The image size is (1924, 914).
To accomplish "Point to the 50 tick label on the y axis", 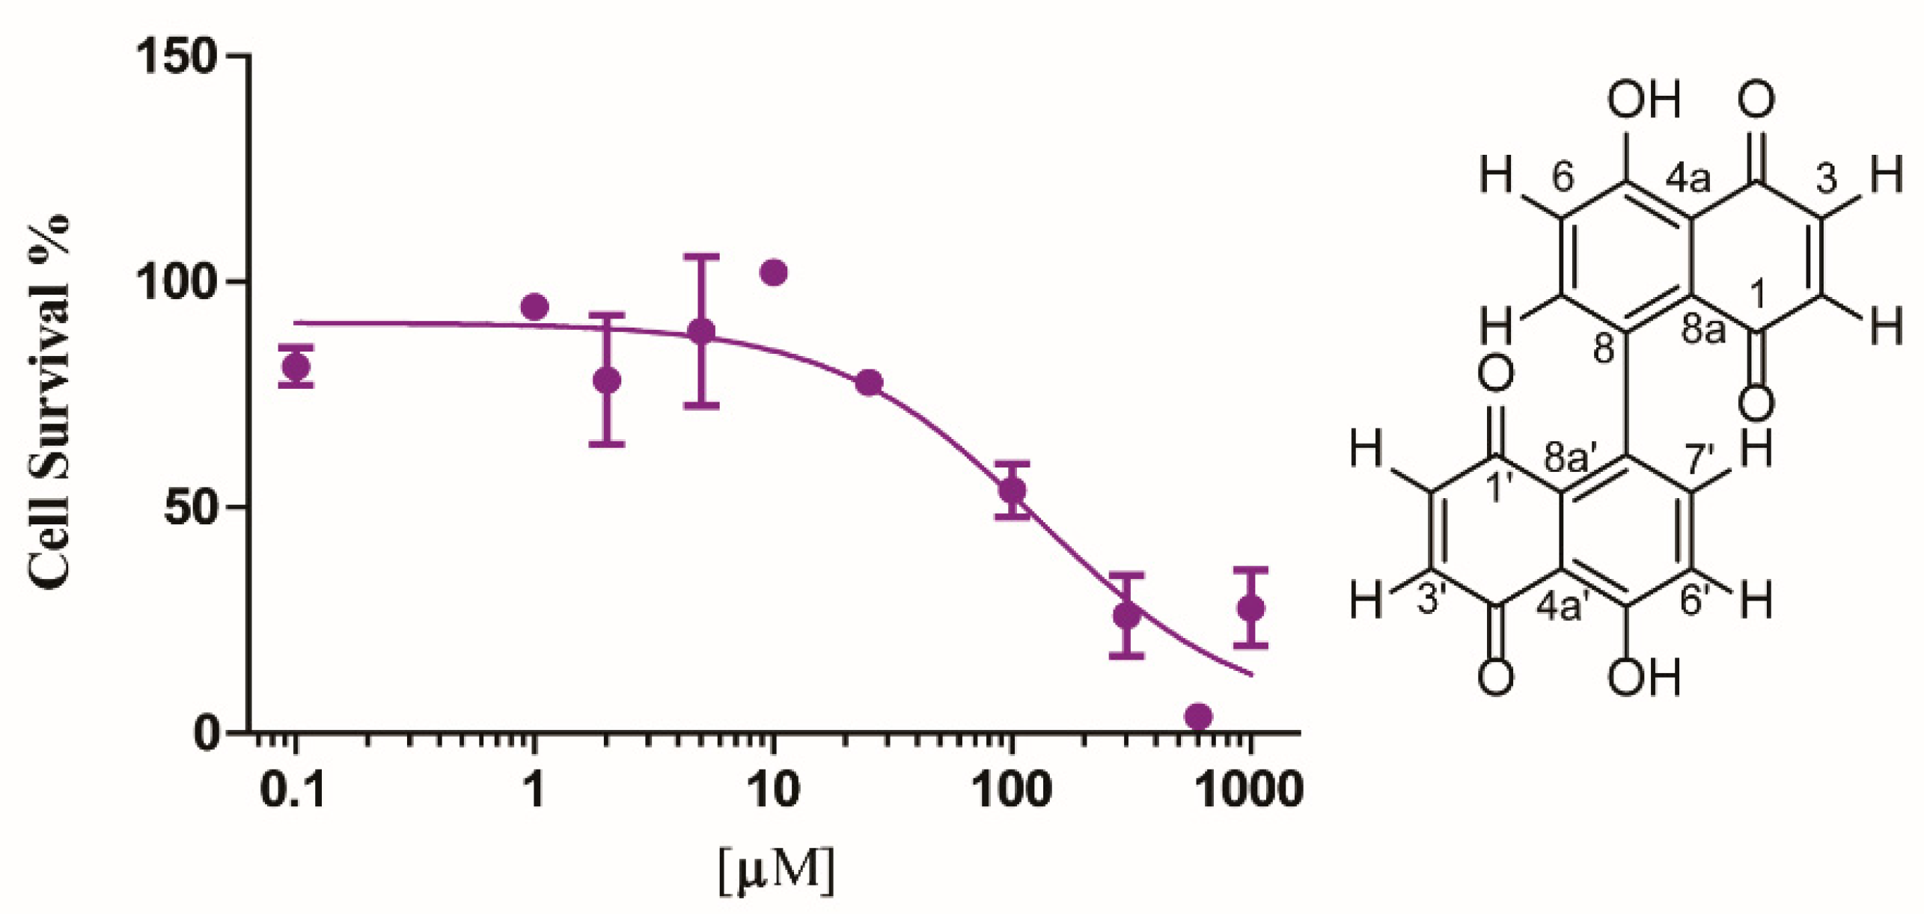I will [x=191, y=508].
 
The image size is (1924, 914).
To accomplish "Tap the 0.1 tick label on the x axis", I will [x=293, y=790].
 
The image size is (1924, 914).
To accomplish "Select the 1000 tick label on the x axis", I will [x=1249, y=790].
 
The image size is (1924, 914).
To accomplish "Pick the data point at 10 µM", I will [x=773, y=273].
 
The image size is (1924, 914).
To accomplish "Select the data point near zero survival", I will [x=1198, y=717].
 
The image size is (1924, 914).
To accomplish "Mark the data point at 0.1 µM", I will [x=296, y=366].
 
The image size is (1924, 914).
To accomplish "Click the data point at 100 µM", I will [x=1013, y=491].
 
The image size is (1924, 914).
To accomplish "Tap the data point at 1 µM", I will [x=534, y=307].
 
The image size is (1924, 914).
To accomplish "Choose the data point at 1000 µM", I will [x=1250, y=608].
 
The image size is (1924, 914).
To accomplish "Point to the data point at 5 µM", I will [x=701, y=331].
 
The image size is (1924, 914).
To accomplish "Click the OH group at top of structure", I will [x=1643, y=100].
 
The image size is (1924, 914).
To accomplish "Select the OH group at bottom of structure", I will [x=1643, y=678].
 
